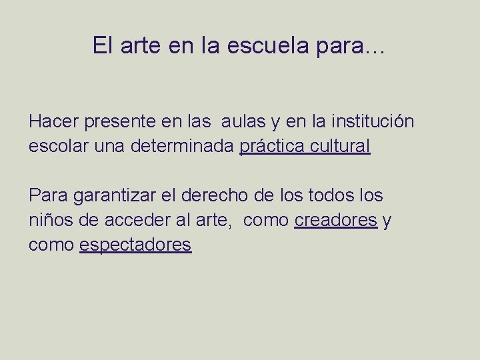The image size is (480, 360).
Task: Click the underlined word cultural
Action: coord(339,146)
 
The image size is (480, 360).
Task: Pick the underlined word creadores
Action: coord(335,221)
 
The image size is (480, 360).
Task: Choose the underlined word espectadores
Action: coord(135,245)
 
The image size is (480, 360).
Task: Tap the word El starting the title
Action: coord(102,46)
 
